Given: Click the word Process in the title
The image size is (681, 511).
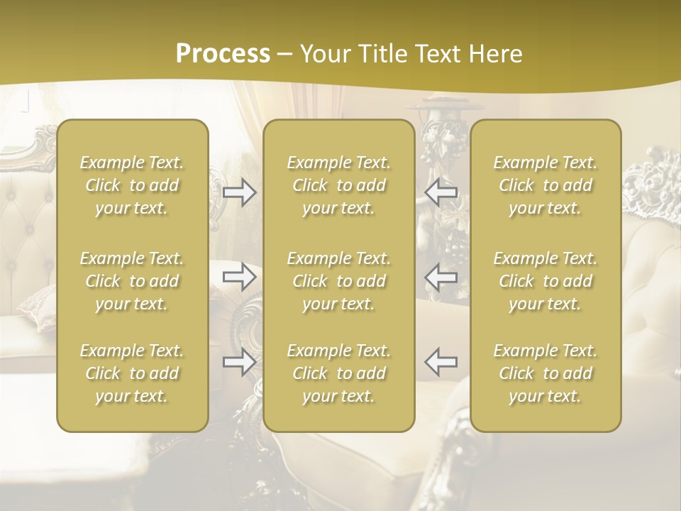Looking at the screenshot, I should pyautogui.click(x=223, y=54).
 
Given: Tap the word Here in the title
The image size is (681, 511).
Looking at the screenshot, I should pyautogui.click(x=497, y=54).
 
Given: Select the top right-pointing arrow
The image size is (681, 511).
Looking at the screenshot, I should pyautogui.click(x=239, y=192).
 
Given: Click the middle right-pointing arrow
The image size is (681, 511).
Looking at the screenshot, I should pyautogui.click(x=239, y=277).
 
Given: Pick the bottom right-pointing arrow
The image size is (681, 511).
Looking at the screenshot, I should pyautogui.click(x=239, y=362).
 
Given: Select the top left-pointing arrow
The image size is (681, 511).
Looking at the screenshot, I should pyautogui.click(x=441, y=192).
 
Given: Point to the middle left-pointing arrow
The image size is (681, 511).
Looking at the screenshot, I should pyautogui.click(x=441, y=277).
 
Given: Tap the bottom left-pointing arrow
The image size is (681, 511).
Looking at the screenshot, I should pyautogui.click(x=441, y=361).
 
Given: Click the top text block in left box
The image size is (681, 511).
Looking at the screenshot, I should pyautogui.click(x=132, y=185).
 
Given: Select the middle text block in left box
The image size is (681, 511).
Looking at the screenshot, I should pyautogui.click(x=132, y=281).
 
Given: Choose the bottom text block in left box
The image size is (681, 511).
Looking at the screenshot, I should pyautogui.click(x=132, y=373).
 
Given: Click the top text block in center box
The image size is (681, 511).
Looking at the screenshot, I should pyautogui.click(x=338, y=185).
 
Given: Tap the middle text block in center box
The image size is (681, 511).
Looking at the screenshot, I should pyautogui.click(x=338, y=281).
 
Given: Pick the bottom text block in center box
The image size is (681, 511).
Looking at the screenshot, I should pyautogui.click(x=338, y=373).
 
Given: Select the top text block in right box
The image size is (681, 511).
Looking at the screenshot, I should pyautogui.click(x=545, y=185).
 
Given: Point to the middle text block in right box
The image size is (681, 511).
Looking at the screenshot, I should pyautogui.click(x=545, y=281).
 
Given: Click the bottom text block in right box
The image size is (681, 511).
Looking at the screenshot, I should pyautogui.click(x=545, y=373).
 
